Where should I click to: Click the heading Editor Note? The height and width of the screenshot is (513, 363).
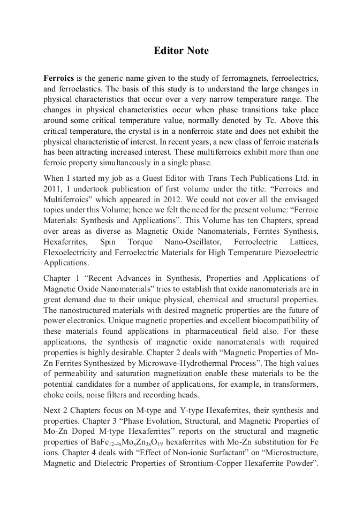(181, 51)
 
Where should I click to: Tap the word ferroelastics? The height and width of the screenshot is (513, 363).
(75, 89)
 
